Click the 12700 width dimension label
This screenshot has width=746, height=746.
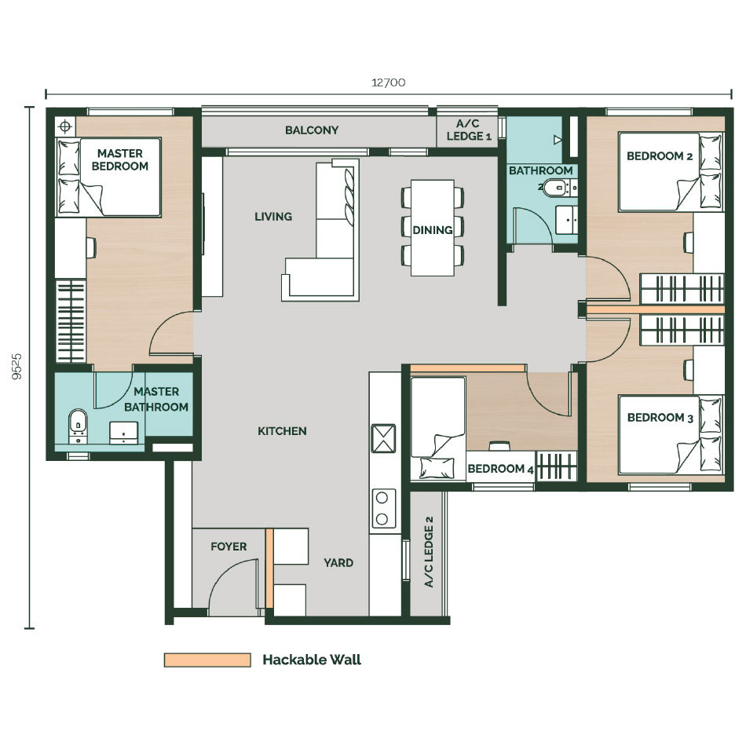coord(388,82)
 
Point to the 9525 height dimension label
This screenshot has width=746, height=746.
coord(17,367)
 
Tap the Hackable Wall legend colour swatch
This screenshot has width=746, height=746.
coord(207,660)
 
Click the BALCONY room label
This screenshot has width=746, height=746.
coord(312,130)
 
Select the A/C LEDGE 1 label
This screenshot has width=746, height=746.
coord(469,130)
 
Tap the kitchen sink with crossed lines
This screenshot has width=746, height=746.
coord(383,438)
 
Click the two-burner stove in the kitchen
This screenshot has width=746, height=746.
coord(382,508)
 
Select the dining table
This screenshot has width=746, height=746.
coord(433,228)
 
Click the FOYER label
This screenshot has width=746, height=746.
coord(229,547)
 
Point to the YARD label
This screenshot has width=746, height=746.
coord(338,563)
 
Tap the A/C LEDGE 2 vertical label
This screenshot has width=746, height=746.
coord(429,552)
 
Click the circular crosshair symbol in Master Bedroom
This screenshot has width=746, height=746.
coord(66,126)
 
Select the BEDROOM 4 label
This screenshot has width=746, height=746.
coord(500,469)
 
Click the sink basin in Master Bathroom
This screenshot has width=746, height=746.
coord(124,433)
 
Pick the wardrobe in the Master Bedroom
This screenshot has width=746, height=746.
coord(71,321)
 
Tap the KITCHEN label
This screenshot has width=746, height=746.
coord(282,431)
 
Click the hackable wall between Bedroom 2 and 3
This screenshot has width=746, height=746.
coord(655,309)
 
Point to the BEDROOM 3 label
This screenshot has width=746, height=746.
coord(660,418)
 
